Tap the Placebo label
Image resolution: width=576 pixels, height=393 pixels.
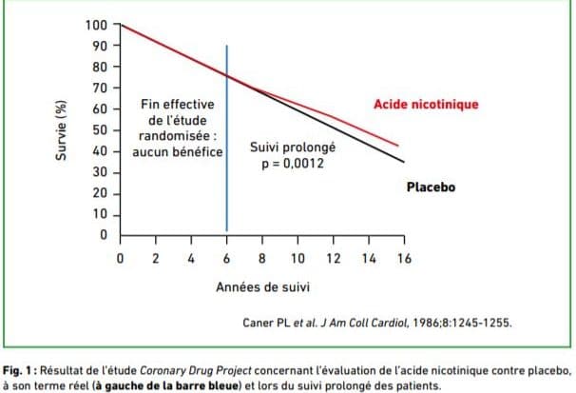(431, 187)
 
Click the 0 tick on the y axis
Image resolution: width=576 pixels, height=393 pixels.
(106, 234)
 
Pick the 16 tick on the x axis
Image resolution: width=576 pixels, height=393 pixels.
(404, 258)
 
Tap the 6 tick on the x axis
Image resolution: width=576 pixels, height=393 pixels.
(226, 258)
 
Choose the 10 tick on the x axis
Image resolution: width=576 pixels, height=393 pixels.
(297, 258)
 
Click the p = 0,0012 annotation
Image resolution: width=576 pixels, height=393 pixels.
(292, 165)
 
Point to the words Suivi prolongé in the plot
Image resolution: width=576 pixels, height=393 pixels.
(292, 149)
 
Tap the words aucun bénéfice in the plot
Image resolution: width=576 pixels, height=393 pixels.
(177, 152)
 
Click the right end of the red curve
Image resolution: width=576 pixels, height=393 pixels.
(397, 146)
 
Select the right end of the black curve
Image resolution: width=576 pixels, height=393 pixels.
(403, 161)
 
